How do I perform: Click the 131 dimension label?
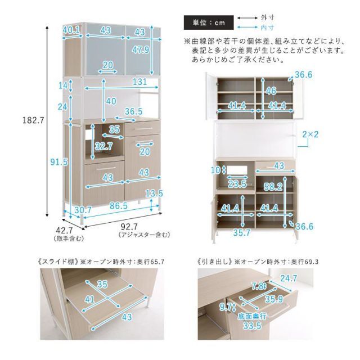[141, 82]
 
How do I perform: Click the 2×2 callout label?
[310, 134]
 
